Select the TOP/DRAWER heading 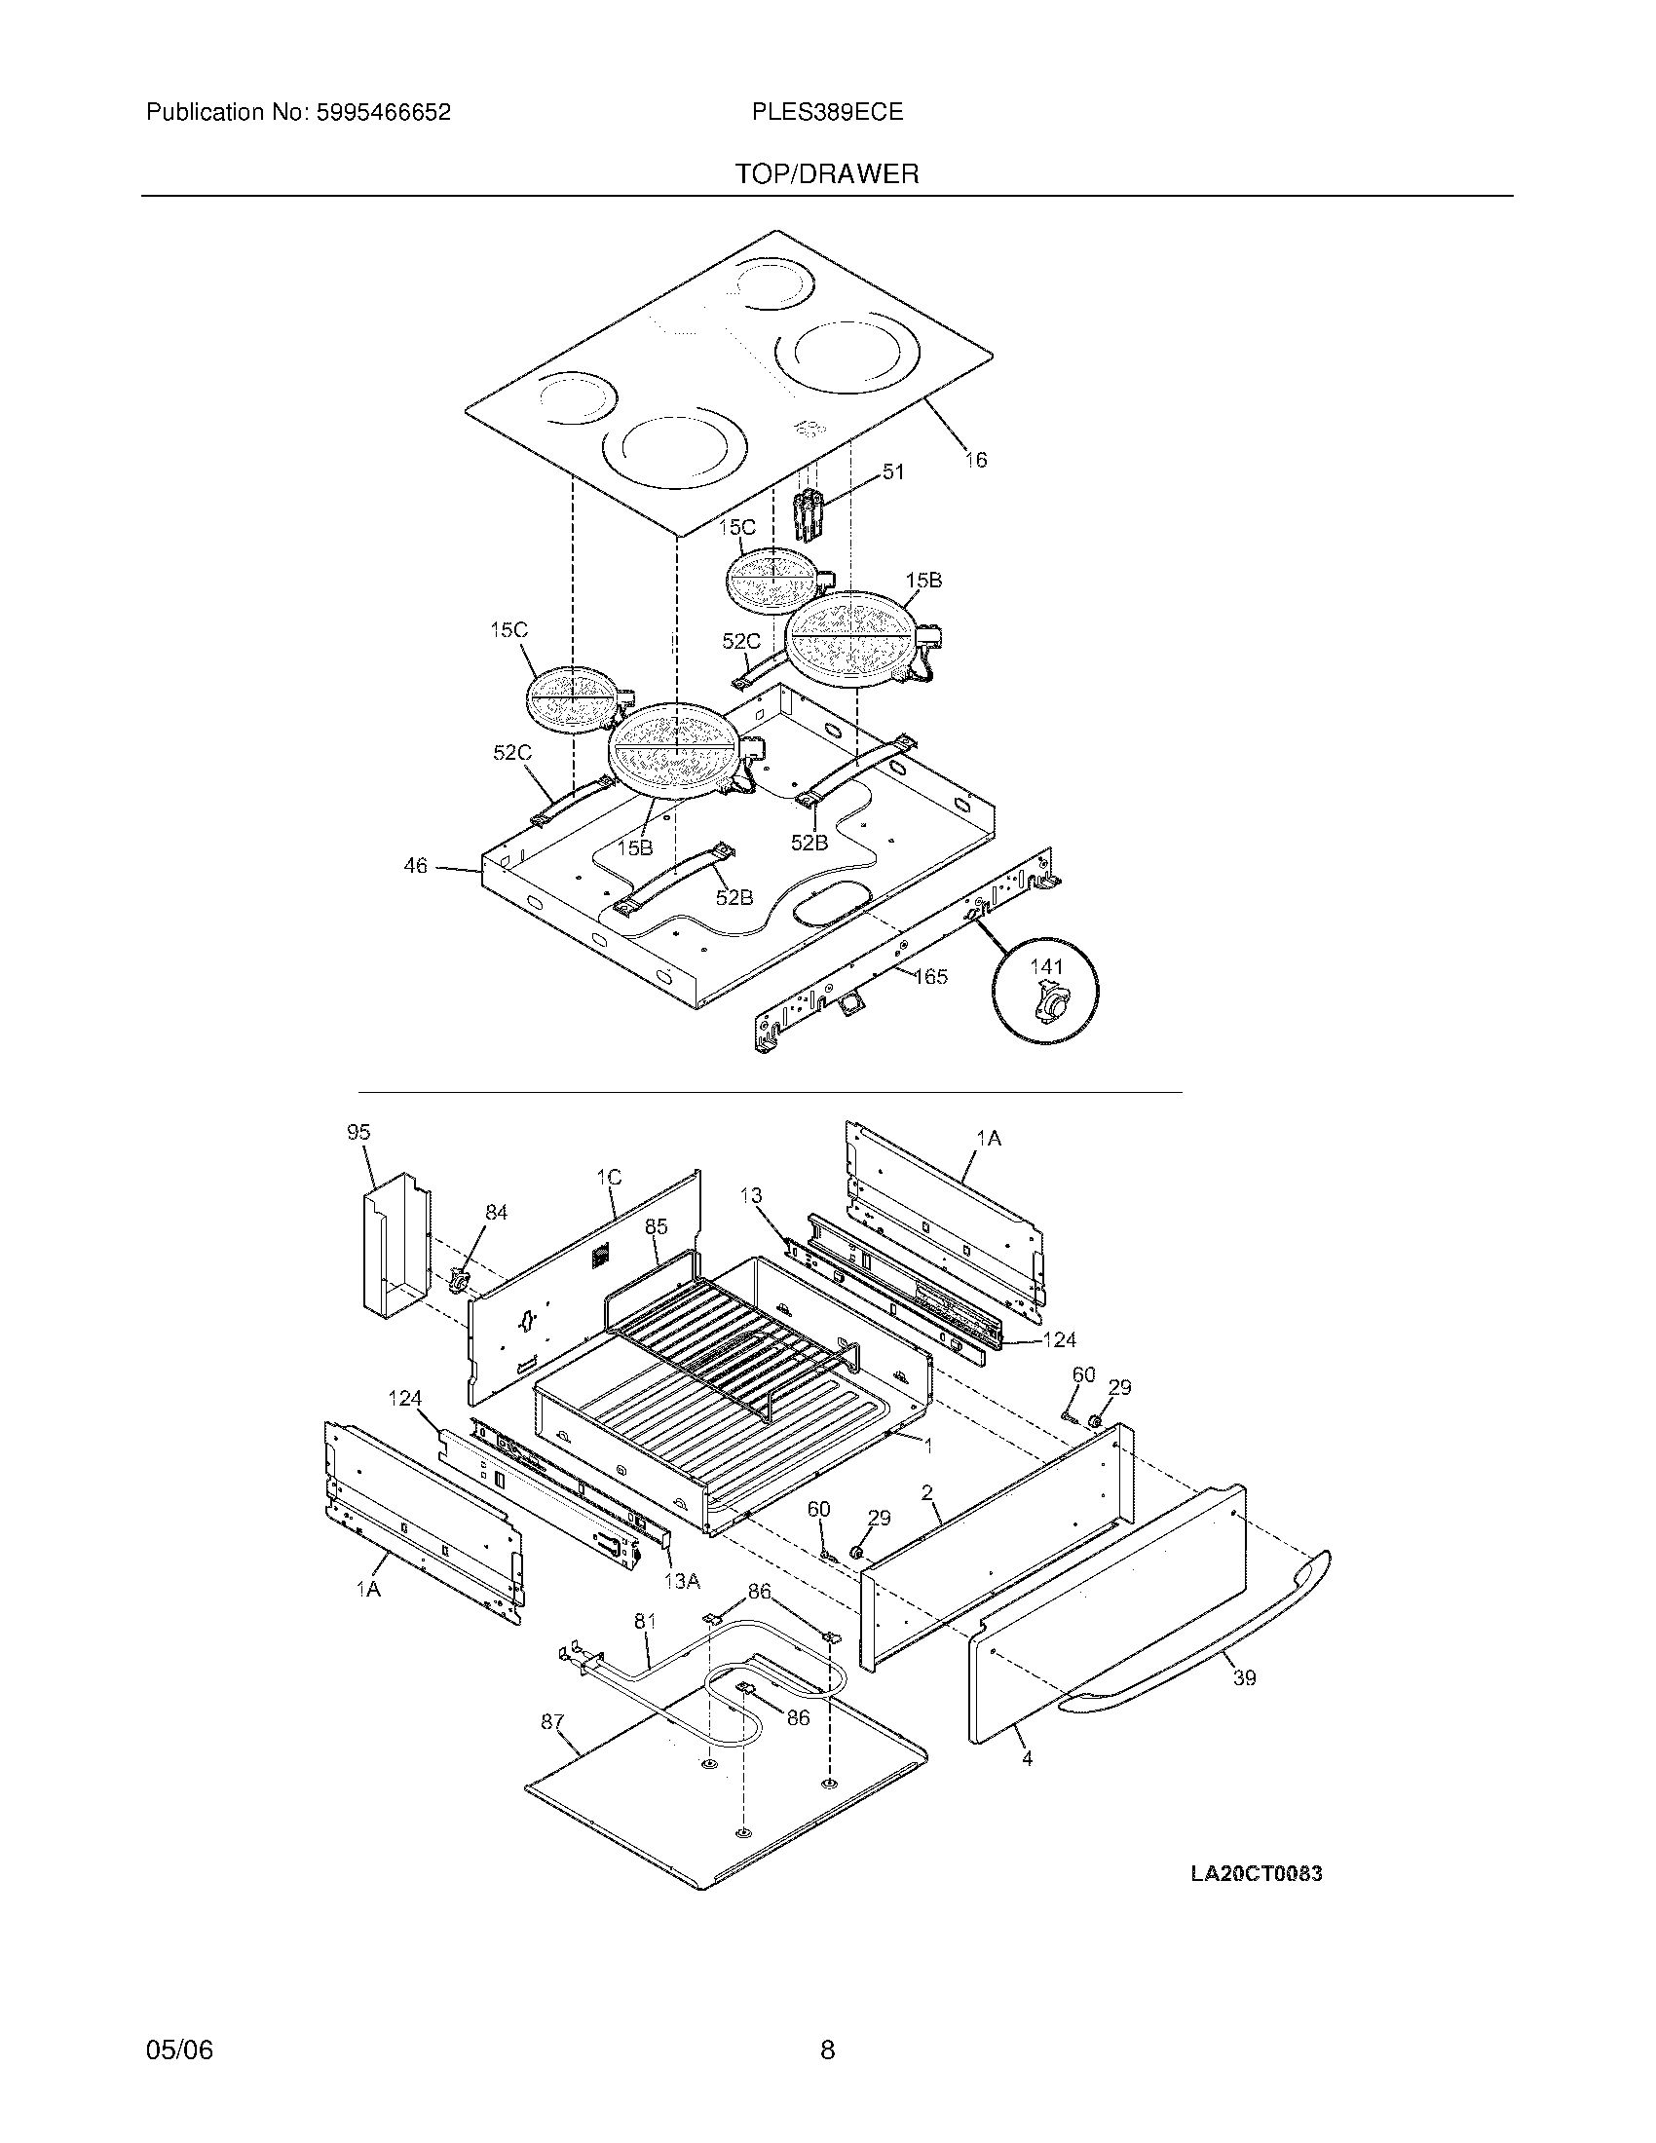pos(827,174)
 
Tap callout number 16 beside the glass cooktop pos(975,459)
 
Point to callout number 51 pos(892,472)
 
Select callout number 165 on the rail pos(930,975)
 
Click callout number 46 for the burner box pos(416,865)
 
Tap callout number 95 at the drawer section pos(358,1132)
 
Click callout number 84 pos(497,1213)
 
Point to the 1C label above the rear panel pos(608,1177)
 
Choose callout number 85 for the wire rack pos(657,1225)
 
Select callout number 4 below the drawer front pos(1027,1759)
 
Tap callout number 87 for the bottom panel pos(552,1721)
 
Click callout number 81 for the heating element pos(645,1621)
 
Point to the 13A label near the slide pos(682,1582)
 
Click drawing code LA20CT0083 pos(1256,1874)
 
